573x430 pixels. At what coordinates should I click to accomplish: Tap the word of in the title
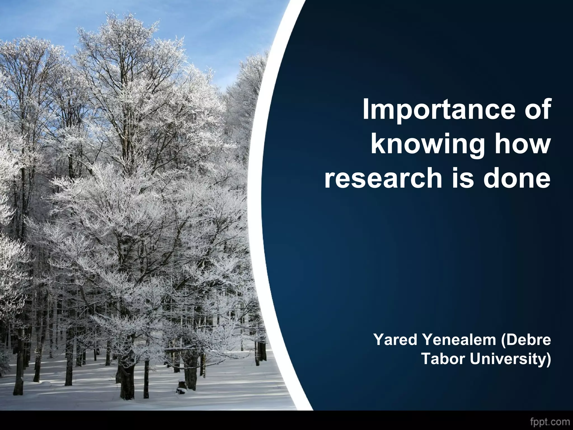pyautogui.click(x=537, y=109)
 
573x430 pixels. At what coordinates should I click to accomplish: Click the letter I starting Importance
pyautogui.click(x=366, y=109)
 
